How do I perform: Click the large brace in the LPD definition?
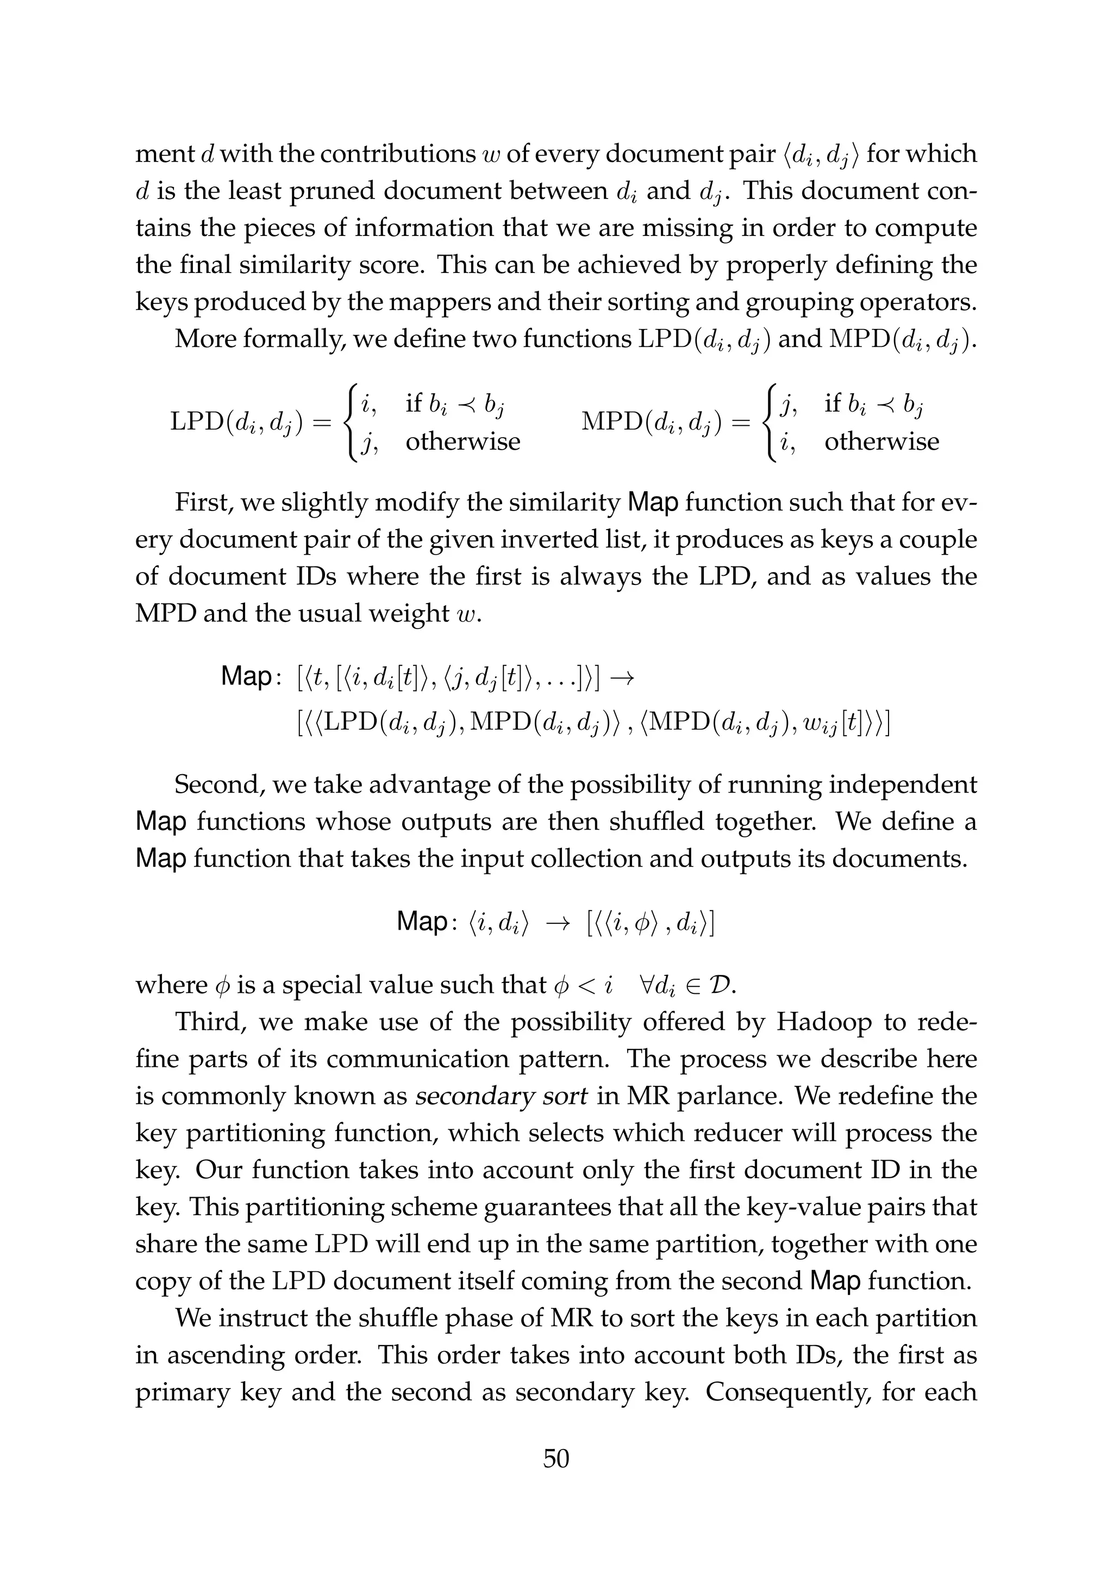tap(352, 422)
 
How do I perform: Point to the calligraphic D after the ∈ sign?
tap(724, 985)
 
